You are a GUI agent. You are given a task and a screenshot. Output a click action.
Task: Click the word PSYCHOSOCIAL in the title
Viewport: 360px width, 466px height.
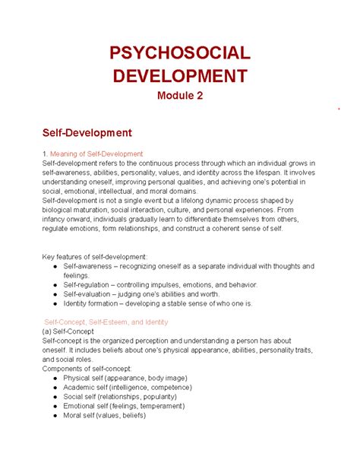coord(179,53)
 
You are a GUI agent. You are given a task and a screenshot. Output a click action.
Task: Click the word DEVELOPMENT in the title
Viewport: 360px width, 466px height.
coord(179,76)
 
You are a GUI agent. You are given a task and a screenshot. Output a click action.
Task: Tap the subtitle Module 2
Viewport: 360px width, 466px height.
coord(179,97)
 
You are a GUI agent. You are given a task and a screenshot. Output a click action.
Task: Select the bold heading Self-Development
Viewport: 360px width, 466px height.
coord(87,133)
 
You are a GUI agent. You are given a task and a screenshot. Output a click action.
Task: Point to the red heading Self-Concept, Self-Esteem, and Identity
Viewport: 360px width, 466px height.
coord(106,322)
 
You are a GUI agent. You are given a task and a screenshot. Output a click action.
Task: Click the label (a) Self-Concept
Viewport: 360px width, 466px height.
coord(68,332)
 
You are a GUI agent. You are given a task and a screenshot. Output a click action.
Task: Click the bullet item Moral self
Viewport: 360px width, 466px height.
coord(105,415)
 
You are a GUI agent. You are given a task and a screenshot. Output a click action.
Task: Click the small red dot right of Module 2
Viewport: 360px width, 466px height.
coord(339,109)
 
